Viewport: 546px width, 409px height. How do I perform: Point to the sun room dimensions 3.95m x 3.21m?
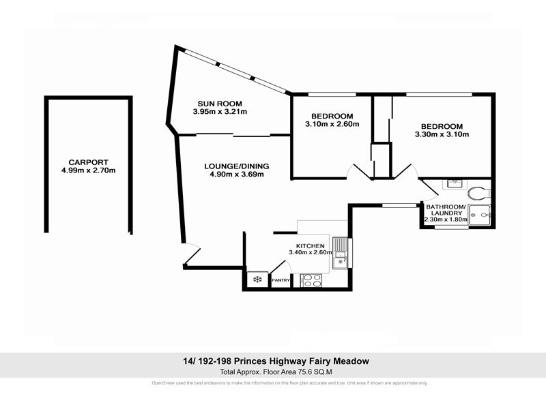[x=219, y=112]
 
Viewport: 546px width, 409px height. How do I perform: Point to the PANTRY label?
[x=281, y=280]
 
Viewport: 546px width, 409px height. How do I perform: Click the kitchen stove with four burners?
[x=311, y=279]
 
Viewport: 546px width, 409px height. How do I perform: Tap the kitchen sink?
[x=340, y=252]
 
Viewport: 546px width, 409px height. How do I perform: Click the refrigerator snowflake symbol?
[x=257, y=279]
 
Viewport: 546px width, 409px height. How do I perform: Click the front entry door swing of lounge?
[x=192, y=256]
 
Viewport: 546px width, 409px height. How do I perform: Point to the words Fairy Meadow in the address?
[x=341, y=361]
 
